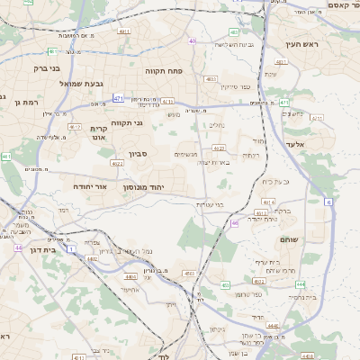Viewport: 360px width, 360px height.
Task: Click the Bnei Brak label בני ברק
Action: (x=41, y=67)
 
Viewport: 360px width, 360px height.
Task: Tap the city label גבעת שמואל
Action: (x=60, y=84)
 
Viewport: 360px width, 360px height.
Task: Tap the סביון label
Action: (x=138, y=154)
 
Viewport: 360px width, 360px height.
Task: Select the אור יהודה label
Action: (x=90, y=186)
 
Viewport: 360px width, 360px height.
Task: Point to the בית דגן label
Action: (x=61, y=251)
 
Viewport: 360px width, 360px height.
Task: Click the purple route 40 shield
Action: (x=192, y=40)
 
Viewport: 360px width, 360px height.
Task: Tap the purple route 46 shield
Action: (x=234, y=223)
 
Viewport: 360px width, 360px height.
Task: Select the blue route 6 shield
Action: (x=329, y=204)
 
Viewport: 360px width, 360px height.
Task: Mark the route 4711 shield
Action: (x=168, y=102)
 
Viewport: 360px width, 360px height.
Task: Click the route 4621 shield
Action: (x=116, y=164)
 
